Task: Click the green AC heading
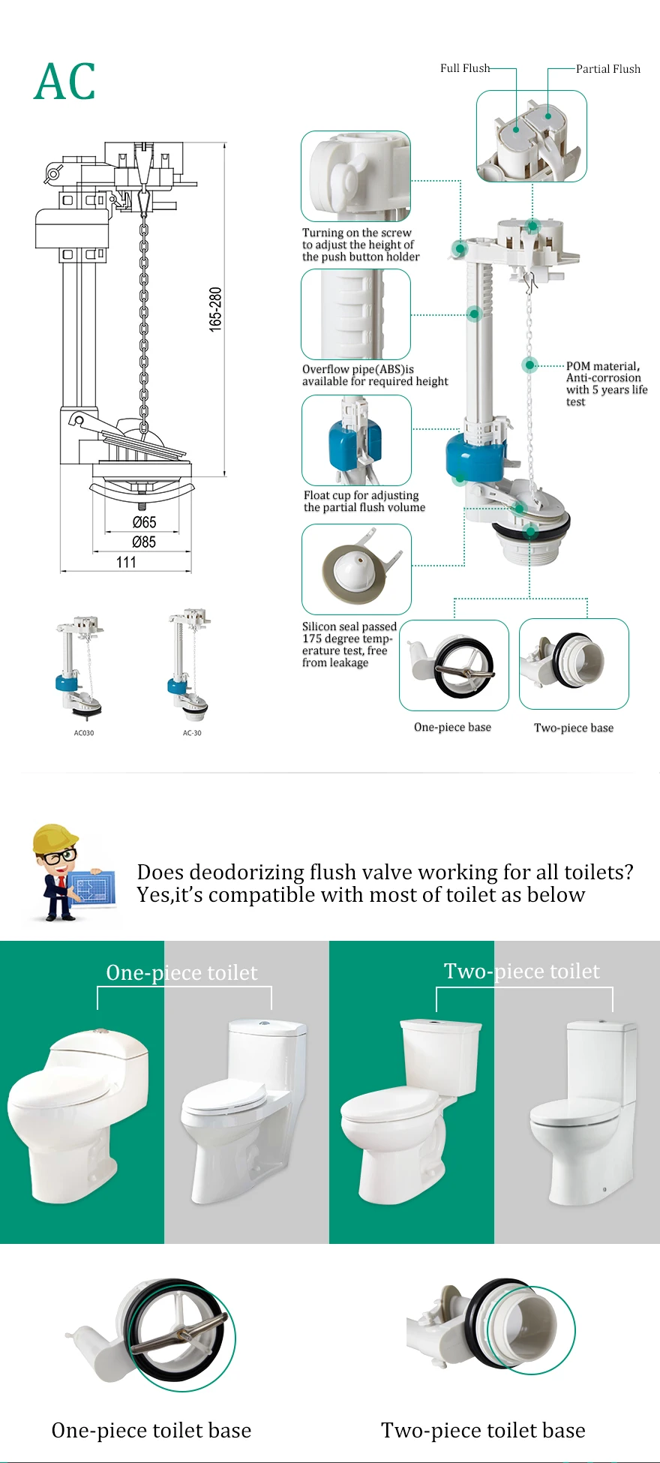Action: pyautogui.click(x=65, y=82)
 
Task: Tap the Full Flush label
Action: pyautogui.click(x=464, y=68)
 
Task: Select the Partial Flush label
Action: pyautogui.click(x=607, y=69)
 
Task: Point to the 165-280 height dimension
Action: pyautogui.click(x=215, y=309)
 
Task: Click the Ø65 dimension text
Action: pyautogui.click(x=144, y=522)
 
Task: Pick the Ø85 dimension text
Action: pyautogui.click(x=144, y=542)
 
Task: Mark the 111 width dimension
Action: pyautogui.click(x=126, y=562)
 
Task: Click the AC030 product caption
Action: pyautogui.click(x=84, y=733)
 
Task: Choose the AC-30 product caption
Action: pyautogui.click(x=192, y=733)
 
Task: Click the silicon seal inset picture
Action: pyautogui.click(x=356, y=569)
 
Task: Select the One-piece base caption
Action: pyautogui.click(x=452, y=727)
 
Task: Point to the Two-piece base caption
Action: pyautogui.click(x=574, y=728)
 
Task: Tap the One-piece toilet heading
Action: pyautogui.click(x=181, y=973)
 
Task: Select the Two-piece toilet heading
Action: pyautogui.click(x=522, y=972)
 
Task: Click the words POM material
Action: pyautogui.click(x=602, y=366)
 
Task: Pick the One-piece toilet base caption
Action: pyautogui.click(x=151, y=1431)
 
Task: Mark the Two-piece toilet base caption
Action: pyautogui.click(x=483, y=1431)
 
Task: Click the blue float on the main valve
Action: pyautogui.click(x=475, y=456)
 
